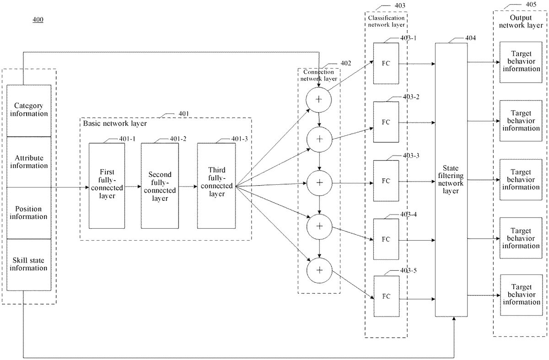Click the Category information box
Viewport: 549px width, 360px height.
tap(29, 111)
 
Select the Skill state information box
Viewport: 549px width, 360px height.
tap(29, 265)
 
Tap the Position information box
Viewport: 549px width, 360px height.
tap(29, 213)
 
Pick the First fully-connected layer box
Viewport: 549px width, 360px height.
tap(107, 186)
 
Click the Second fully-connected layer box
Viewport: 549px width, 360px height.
tap(160, 186)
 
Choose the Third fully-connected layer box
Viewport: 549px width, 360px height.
tap(216, 186)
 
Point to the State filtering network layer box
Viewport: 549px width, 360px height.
tap(451, 180)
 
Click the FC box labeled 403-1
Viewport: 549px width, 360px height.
tap(386, 64)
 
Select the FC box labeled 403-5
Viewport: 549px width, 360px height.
tap(387, 296)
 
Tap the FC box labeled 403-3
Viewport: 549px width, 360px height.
tap(386, 181)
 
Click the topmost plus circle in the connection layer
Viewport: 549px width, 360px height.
tap(318, 100)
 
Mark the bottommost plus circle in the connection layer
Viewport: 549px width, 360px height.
tap(319, 270)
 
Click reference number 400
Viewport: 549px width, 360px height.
tap(38, 19)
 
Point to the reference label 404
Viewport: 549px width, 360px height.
tap(471, 38)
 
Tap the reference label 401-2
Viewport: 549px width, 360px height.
tap(178, 139)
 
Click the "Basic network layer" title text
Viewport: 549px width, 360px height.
tap(115, 123)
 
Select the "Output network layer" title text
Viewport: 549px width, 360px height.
tap(521, 21)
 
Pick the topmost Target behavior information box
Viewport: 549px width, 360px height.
tap(521, 62)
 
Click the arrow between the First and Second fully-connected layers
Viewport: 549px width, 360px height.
tap(133, 187)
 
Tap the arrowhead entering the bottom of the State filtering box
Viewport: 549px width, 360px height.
tap(454, 319)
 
